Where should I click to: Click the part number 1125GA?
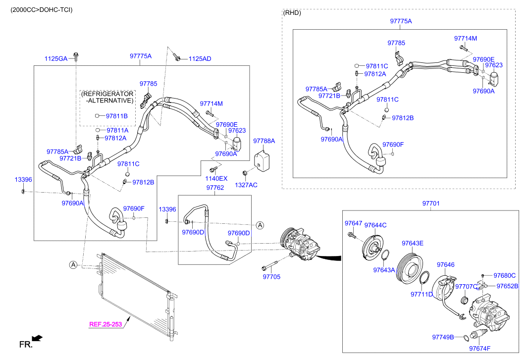click(55, 58)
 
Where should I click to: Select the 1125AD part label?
click(200, 58)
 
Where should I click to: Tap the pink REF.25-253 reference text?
click(106, 325)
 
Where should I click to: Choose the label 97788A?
click(264, 141)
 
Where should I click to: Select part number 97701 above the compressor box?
click(430, 204)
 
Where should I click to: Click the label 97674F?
click(480, 348)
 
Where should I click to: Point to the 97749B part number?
click(443, 337)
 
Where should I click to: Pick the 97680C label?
click(505, 275)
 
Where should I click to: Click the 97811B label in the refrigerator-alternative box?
click(117, 116)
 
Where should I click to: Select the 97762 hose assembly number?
click(215, 188)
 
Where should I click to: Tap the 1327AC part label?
click(246, 185)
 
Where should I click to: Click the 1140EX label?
click(216, 178)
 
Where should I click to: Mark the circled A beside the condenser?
click(73, 265)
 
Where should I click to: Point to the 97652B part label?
click(507, 286)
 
